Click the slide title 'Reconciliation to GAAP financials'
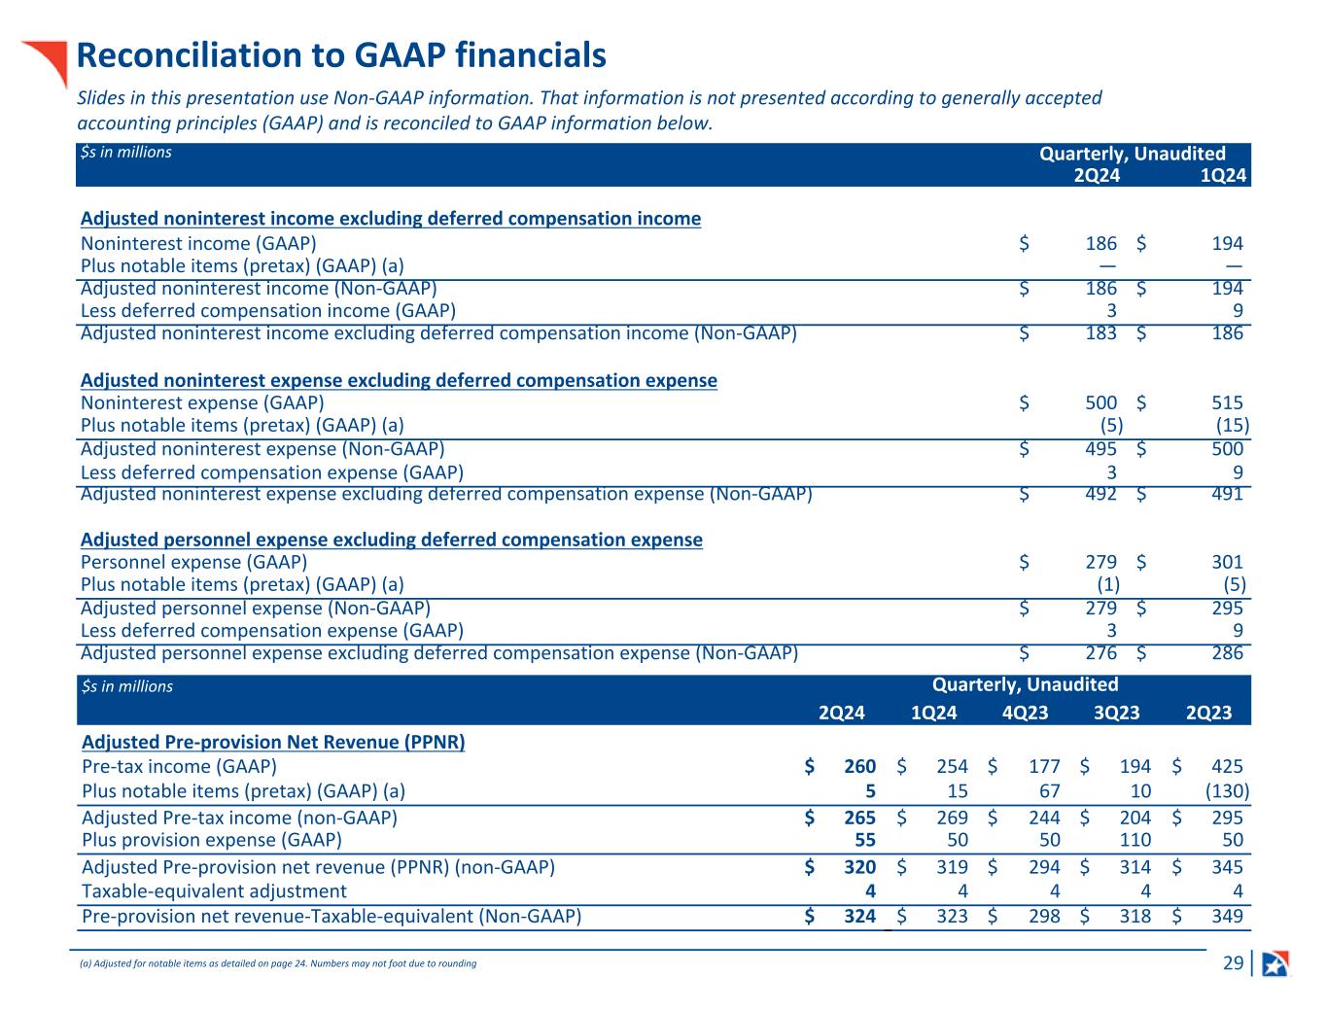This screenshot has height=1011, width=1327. click(x=341, y=56)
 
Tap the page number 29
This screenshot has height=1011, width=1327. click(x=1233, y=963)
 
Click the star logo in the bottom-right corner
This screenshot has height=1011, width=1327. click(x=1275, y=963)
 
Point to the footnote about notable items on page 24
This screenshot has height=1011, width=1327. click(x=278, y=963)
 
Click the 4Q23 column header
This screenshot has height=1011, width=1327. click(x=1025, y=713)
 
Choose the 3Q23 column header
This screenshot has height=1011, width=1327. click(x=1116, y=713)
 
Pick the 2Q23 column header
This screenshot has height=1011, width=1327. click(x=1208, y=713)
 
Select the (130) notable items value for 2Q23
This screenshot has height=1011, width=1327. click(x=1227, y=790)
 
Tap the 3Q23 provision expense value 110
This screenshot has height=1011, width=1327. click(x=1135, y=840)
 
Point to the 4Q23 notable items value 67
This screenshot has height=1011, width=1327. click(x=1048, y=790)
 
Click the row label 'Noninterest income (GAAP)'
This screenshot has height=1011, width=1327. click(x=198, y=244)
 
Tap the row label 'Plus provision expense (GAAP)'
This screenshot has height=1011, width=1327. click(x=212, y=840)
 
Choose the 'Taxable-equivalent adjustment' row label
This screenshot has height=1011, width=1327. click(x=214, y=891)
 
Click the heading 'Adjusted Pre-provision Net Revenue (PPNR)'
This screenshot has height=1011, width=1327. click(x=273, y=742)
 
